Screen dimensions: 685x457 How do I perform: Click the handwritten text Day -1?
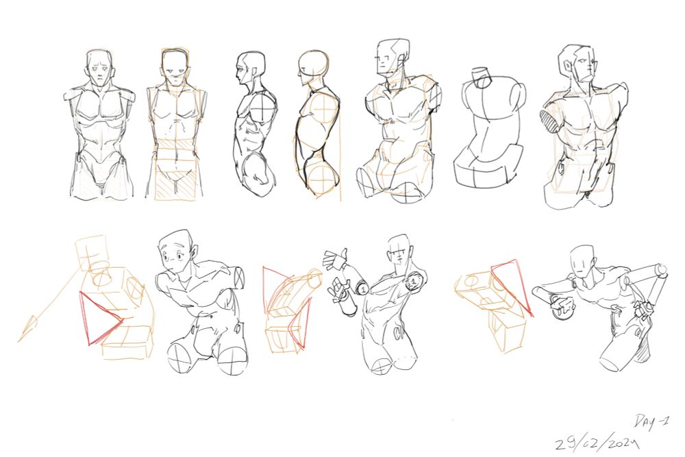click(651, 421)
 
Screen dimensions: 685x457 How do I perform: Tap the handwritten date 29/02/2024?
click(597, 443)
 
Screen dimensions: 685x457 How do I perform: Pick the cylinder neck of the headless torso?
click(482, 77)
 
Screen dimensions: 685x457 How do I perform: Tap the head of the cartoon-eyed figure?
click(175, 251)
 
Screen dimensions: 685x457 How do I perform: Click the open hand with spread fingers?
click(336, 260)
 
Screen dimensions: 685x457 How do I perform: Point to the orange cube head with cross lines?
click(92, 254)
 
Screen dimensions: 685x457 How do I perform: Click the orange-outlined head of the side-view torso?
click(314, 69)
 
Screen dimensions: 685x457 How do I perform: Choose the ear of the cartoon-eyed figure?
click(194, 251)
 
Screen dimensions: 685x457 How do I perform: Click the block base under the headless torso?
click(487, 166)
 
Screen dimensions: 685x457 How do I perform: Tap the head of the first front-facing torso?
click(101, 68)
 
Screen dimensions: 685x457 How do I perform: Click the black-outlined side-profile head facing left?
click(250, 70)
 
